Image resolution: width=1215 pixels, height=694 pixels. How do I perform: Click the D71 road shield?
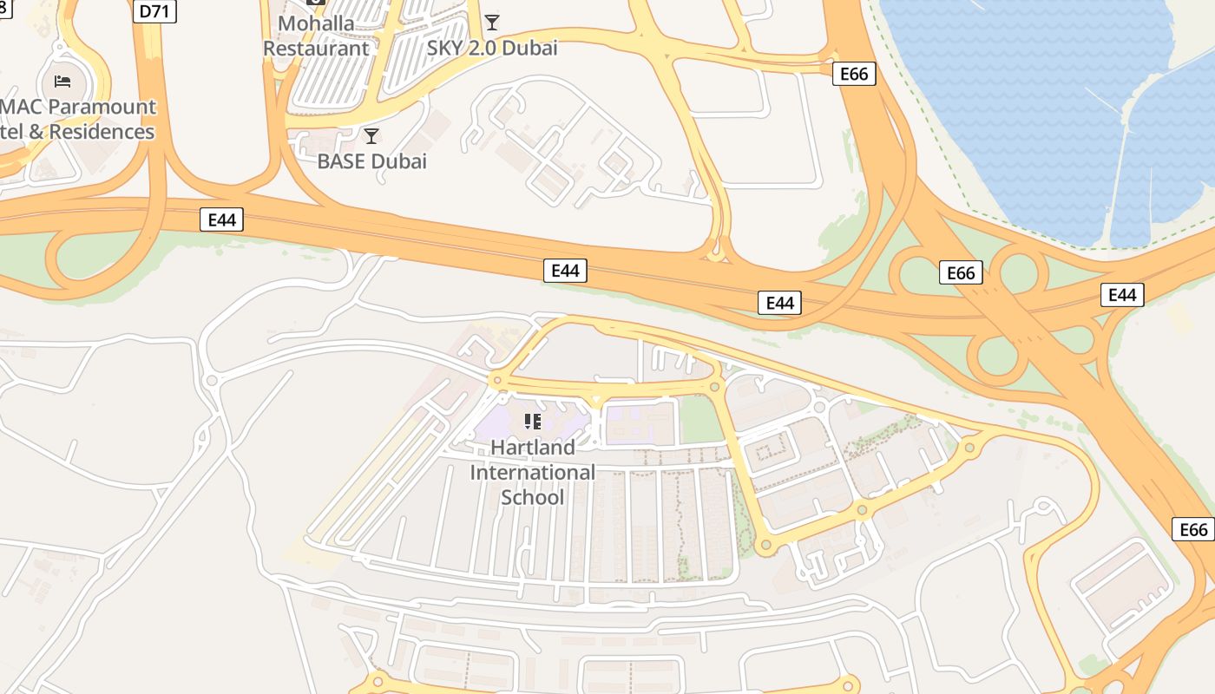155,11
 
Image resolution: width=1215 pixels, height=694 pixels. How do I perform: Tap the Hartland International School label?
533,472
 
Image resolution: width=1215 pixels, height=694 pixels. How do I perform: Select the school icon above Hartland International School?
533,422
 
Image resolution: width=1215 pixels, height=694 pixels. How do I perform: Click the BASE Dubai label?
371,161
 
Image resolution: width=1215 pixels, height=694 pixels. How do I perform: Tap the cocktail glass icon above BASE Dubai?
371,136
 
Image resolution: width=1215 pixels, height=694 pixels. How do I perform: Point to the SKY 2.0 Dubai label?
491,48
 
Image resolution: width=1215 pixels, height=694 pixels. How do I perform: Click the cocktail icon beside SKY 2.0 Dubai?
492,23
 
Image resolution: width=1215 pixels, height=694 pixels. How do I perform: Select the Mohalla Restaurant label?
316,36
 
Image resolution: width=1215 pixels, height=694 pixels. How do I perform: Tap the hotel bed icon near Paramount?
62,82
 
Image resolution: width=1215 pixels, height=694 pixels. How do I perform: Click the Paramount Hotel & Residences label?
78,120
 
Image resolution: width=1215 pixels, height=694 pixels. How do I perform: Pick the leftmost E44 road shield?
221,219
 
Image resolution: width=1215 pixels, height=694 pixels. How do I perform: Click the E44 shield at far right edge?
1122,295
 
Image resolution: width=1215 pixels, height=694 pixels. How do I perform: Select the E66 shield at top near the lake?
854,74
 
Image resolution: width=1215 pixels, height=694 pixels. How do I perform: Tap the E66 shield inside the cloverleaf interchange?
961,273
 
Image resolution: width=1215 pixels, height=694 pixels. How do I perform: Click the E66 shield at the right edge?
1194,529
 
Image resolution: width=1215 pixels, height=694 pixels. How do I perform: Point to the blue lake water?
1024,104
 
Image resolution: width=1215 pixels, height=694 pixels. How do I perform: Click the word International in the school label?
533,473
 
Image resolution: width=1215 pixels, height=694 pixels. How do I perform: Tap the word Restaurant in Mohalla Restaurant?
316,49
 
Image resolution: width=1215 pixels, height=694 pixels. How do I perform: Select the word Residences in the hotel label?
102,132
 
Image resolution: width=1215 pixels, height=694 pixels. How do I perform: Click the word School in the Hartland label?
532,497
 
